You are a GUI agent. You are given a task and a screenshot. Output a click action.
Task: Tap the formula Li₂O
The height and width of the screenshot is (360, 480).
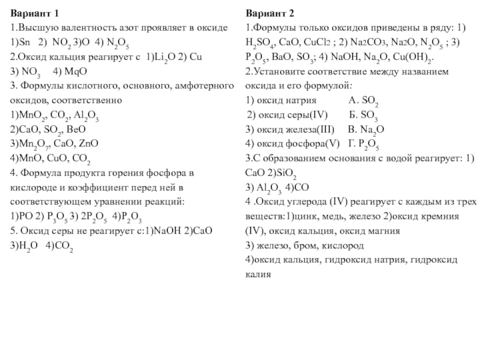click(x=155, y=59)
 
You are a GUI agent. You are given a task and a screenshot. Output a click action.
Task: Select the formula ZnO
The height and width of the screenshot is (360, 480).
click(x=88, y=145)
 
